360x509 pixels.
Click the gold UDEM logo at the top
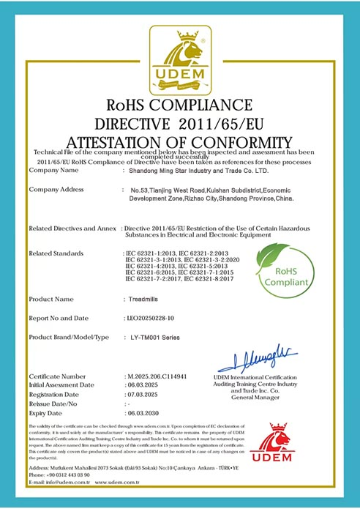coord(179,56)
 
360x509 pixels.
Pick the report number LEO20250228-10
coord(150,318)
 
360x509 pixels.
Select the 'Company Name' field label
coord(53,171)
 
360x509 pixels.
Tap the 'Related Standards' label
coord(56,253)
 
